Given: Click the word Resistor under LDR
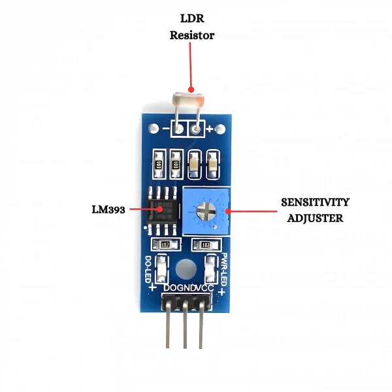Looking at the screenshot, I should pos(191,35).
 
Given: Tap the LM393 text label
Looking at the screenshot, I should pos(108,210).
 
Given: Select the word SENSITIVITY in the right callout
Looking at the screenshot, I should pos(316,202).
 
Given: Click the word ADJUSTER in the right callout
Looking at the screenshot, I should pos(316,218).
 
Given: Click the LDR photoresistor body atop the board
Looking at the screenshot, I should pos(188,100).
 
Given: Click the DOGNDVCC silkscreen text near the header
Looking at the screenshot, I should pos(187,288).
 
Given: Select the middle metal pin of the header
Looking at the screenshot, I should pos(186,330).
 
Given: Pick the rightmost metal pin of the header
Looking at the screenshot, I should pos(203,330).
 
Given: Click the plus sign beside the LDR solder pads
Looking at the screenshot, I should pos(210,130).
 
